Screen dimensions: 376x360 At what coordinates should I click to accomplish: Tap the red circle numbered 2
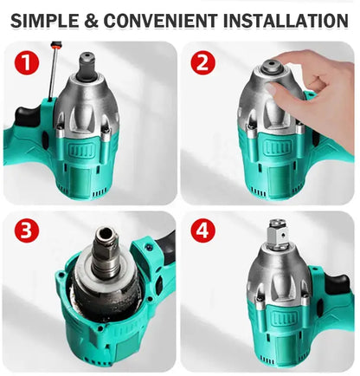tap(204, 63)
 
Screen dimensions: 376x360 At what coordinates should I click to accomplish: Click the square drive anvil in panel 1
tap(90, 63)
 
